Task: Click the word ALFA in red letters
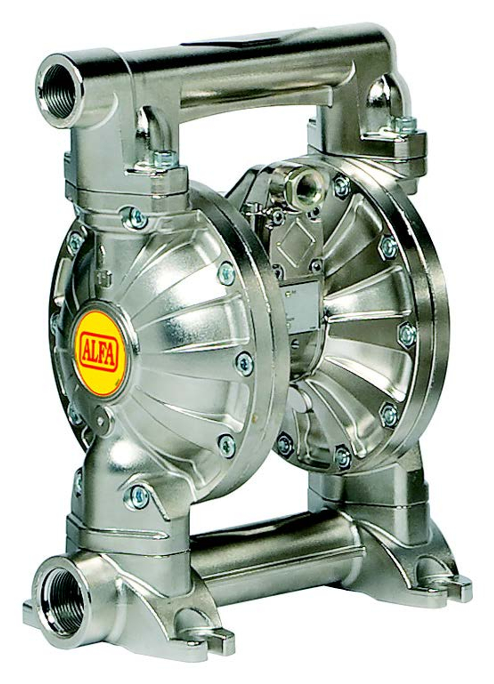98,354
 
